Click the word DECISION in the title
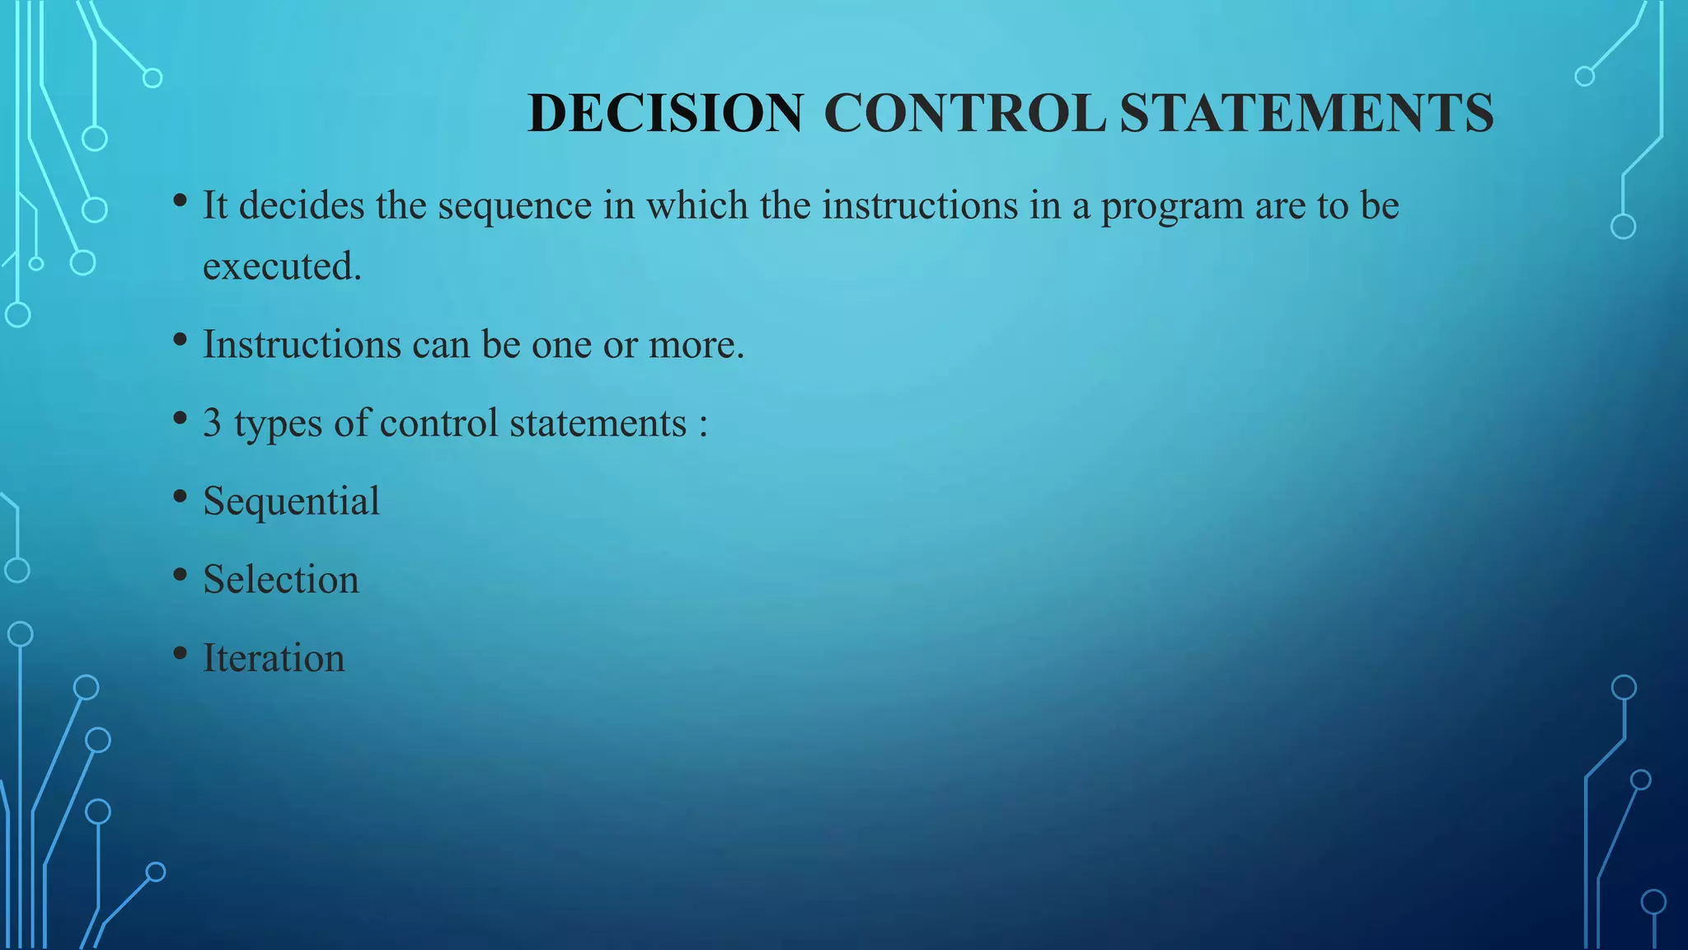664,113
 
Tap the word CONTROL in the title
964,113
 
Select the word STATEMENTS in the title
1306,113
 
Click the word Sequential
291,501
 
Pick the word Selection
281,580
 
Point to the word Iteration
274,658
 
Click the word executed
282,266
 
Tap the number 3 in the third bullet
212,423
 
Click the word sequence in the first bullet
514,206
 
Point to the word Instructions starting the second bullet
302,344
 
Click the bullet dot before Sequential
181,496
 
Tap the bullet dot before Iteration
181,653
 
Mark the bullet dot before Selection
181,575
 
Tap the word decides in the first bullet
302,205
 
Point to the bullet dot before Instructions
181,339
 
